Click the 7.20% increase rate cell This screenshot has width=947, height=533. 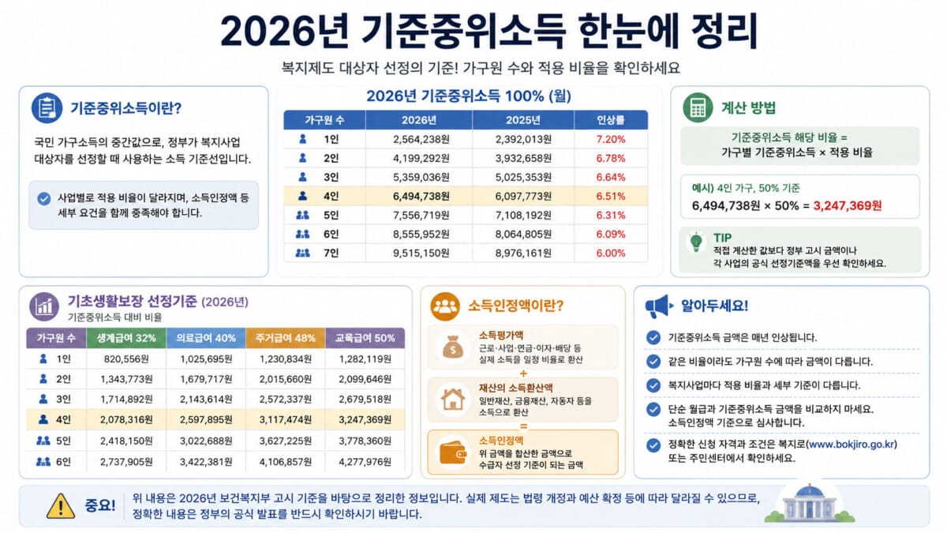[x=610, y=139]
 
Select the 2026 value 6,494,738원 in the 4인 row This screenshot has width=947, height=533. [x=421, y=197]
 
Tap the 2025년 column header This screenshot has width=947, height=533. [x=523, y=120]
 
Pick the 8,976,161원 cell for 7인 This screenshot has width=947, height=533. [x=523, y=253]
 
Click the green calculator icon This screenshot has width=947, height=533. [x=698, y=108]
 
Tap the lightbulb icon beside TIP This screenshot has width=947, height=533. [x=696, y=242]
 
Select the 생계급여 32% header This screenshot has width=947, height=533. [x=126, y=338]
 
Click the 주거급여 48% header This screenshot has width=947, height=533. [x=286, y=338]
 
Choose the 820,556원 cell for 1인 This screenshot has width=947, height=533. [x=126, y=359]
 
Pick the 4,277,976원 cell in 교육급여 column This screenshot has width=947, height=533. [x=365, y=461]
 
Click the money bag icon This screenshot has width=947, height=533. [x=453, y=347]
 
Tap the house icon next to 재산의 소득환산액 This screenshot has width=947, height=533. [x=453, y=399]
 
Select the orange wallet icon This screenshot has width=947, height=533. [x=453, y=452]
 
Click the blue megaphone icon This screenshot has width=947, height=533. [x=658, y=306]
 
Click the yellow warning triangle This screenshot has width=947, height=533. [x=61, y=506]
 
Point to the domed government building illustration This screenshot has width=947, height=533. [x=809, y=504]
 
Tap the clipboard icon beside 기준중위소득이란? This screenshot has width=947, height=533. [x=47, y=108]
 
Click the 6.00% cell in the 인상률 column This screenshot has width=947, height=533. [x=610, y=253]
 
